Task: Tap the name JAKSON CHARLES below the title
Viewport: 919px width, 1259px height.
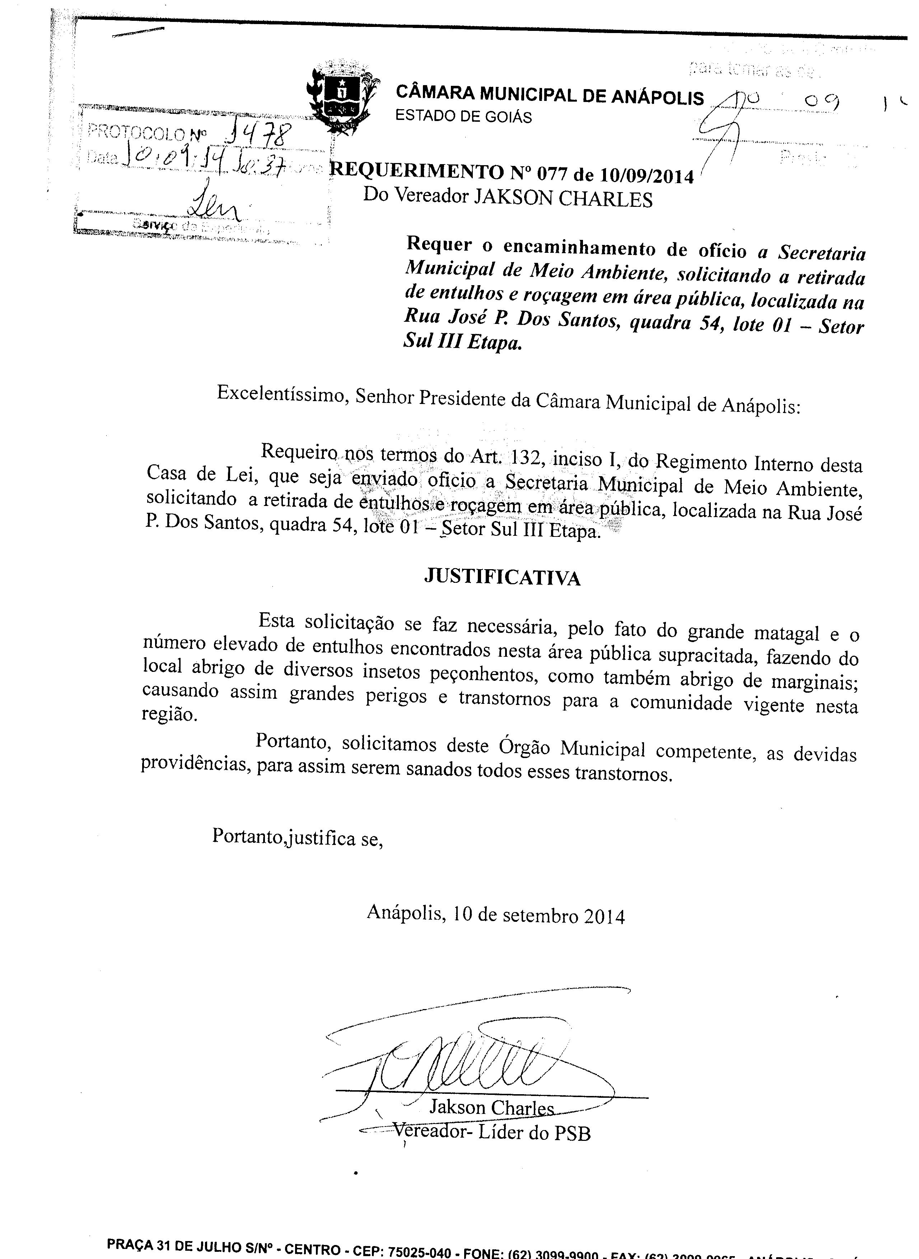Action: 562,198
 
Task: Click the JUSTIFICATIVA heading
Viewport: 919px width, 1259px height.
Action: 502,577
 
